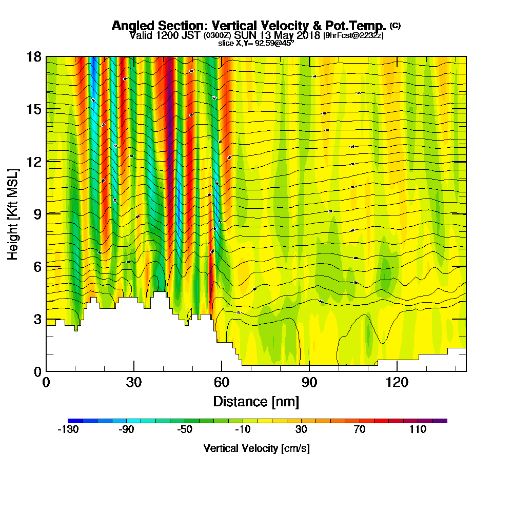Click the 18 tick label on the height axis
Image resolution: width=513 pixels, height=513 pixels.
click(x=34, y=56)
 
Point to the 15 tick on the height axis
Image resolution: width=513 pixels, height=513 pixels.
click(x=34, y=109)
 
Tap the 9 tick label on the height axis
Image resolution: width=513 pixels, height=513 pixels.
click(x=37, y=214)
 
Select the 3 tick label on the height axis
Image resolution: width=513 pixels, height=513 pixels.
click(x=37, y=319)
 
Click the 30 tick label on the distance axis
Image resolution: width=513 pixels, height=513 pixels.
click(x=134, y=382)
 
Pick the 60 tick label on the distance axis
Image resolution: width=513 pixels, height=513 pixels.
click(x=222, y=382)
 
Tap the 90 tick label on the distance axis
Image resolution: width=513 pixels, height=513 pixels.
click(x=309, y=382)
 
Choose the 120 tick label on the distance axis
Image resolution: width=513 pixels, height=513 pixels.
click(x=397, y=382)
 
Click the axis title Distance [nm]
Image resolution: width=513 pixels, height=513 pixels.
click(x=256, y=401)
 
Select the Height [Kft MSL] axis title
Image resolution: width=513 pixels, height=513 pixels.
click(x=13, y=214)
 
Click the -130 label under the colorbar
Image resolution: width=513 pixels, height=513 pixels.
click(x=68, y=429)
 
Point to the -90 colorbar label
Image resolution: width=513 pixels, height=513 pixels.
click(x=126, y=429)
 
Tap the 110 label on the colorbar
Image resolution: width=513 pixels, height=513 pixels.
click(x=418, y=429)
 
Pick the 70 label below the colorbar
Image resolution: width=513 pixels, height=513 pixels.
click(x=360, y=429)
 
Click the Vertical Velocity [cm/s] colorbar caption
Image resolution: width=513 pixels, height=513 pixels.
click(x=256, y=448)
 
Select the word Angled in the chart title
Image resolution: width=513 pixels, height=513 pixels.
click(x=129, y=26)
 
